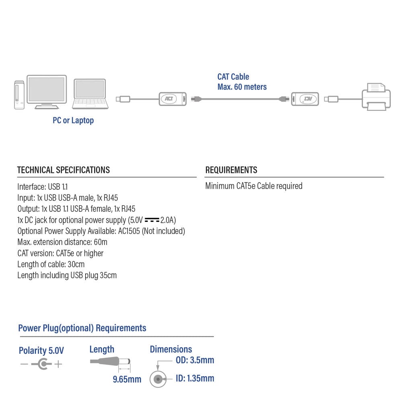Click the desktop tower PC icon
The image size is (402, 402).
click(18, 95)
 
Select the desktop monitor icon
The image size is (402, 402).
click(46, 91)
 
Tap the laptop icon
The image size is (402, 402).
click(90, 94)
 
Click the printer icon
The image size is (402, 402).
click(376, 96)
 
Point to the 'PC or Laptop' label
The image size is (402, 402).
click(73, 120)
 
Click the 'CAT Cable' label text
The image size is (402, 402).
click(233, 77)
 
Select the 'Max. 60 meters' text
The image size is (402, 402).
click(242, 87)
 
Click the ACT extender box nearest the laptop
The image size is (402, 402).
click(173, 98)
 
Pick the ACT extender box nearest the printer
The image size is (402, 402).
click(305, 98)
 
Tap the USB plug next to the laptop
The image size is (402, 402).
click(122, 98)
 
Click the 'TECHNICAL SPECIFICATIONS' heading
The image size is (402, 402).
click(64, 170)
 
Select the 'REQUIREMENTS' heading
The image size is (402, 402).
click(231, 170)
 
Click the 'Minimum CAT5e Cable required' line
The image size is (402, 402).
click(254, 186)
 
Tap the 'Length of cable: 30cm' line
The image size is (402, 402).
click(51, 265)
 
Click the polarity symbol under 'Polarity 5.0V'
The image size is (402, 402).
click(41, 365)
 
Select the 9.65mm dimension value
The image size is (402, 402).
click(127, 379)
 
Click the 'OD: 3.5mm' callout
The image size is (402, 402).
click(195, 360)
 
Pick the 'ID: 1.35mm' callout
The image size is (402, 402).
click(195, 378)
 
